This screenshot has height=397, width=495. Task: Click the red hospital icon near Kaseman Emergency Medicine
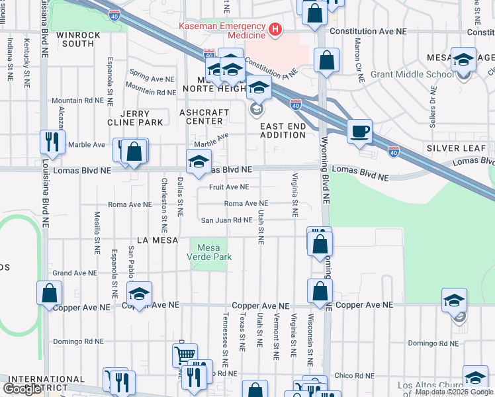click(x=273, y=30)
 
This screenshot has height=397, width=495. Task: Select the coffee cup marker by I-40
click(x=359, y=131)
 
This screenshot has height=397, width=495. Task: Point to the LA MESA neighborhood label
click(x=157, y=240)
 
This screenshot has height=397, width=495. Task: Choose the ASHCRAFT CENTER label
click(x=201, y=117)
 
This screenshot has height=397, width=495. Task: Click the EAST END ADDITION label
click(x=283, y=130)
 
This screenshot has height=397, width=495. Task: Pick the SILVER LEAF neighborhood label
click(x=456, y=148)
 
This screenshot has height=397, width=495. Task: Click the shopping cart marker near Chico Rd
click(x=185, y=355)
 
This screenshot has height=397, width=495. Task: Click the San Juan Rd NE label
click(x=226, y=220)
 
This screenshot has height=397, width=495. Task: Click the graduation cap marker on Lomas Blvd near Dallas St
click(x=198, y=161)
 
